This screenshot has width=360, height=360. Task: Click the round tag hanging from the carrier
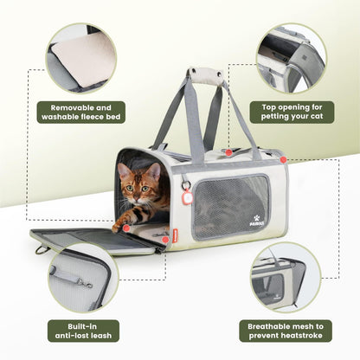tap(187, 197)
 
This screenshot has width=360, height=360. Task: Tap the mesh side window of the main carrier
tap(230, 206)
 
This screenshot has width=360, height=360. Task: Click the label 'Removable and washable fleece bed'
tap(81, 112)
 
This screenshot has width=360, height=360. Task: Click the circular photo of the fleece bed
tap(81, 57)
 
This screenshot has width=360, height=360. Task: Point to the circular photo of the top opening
tap(290, 57)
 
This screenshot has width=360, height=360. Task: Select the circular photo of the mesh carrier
tap(290, 278)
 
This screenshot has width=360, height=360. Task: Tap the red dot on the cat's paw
tap(126, 228)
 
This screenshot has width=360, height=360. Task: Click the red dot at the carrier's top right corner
tap(283, 159)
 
